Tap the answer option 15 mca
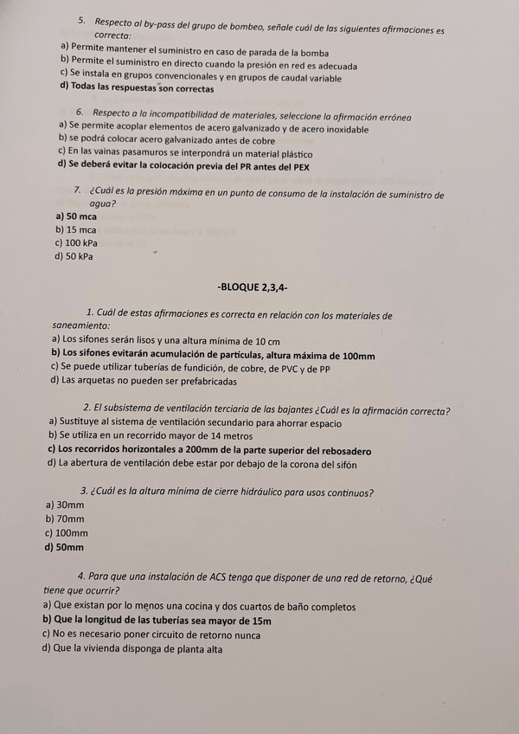coord(75,229)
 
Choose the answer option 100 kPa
coord(75,243)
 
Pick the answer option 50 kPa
coord(74,256)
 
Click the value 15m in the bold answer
coord(260,621)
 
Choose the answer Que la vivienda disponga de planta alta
coord(132,648)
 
